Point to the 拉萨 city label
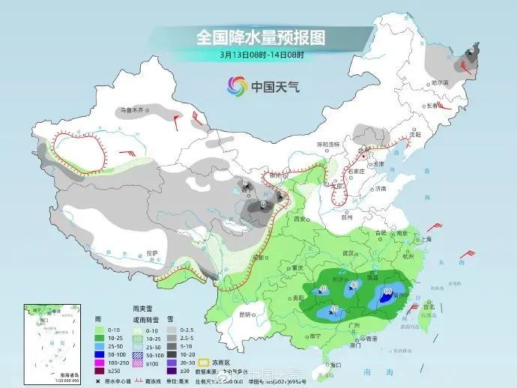(x=153, y=253)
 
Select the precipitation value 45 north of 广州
(x=335, y=309)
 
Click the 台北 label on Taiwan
(x=429, y=307)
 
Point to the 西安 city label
(x=300, y=219)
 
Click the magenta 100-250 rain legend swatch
(x=98, y=361)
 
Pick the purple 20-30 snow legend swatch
(x=173, y=361)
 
